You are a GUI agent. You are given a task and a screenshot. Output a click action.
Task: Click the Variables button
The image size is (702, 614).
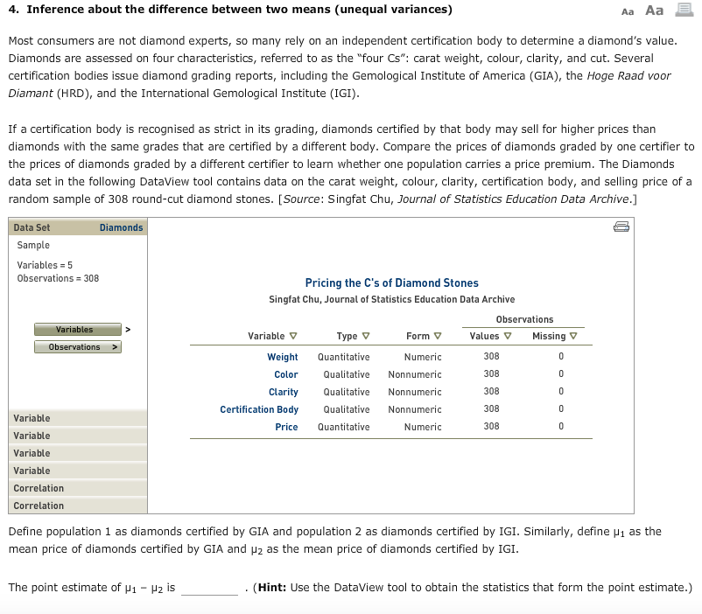(x=76, y=330)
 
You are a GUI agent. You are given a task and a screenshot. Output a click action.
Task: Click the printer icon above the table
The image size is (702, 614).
(x=621, y=227)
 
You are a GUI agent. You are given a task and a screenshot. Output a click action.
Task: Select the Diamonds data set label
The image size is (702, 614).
(x=121, y=227)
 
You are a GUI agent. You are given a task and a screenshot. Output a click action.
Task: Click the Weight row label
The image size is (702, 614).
(x=282, y=357)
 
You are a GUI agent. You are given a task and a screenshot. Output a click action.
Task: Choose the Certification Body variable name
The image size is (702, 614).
(x=259, y=409)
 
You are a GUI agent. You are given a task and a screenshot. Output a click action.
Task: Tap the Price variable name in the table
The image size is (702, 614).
(x=286, y=427)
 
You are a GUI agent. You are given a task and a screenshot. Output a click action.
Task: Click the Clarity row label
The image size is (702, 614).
(x=283, y=392)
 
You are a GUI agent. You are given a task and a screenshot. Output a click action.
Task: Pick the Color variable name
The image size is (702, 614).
(x=285, y=374)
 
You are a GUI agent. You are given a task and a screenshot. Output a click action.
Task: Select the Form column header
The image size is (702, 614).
(x=423, y=336)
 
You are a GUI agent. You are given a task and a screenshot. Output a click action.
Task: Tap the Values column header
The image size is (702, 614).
(x=489, y=336)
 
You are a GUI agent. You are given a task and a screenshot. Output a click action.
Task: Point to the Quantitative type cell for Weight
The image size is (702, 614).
(x=343, y=357)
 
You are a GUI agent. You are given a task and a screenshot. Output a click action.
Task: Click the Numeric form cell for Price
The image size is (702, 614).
(x=423, y=427)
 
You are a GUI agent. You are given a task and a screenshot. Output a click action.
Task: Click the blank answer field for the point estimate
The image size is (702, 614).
(x=209, y=588)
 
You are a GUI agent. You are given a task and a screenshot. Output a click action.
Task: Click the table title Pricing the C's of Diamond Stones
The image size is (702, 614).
(x=391, y=283)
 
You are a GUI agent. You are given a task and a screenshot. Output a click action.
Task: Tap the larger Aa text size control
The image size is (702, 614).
(x=654, y=10)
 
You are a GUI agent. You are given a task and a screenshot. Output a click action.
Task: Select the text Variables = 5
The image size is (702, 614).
(x=45, y=265)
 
